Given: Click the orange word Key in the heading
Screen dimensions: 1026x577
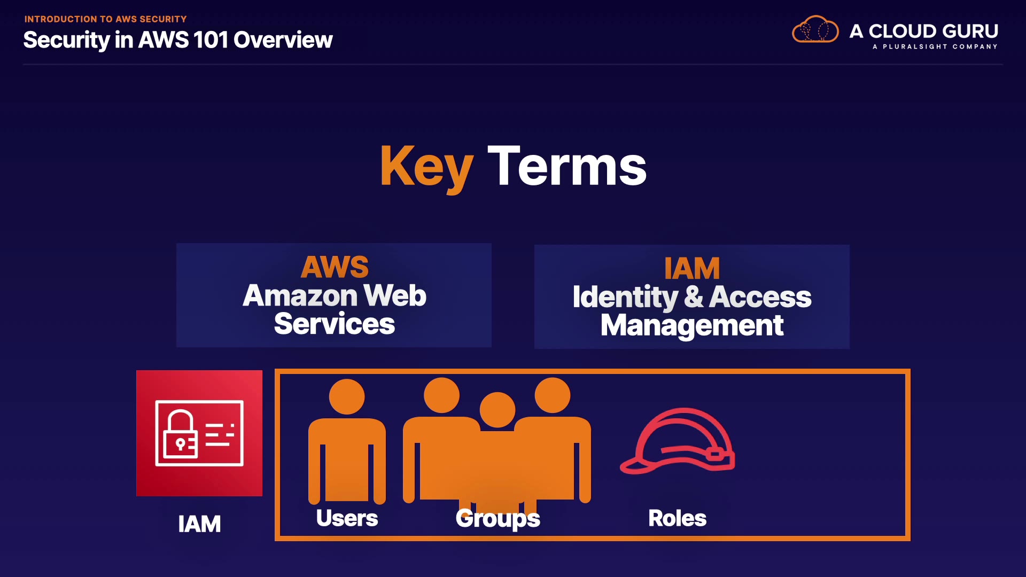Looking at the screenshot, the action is coord(426,167).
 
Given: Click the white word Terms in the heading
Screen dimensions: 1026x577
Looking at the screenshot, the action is coord(567,167).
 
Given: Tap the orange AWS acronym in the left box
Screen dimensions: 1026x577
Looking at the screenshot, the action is coord(335,267).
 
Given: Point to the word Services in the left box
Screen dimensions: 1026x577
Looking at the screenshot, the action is coord(335,324).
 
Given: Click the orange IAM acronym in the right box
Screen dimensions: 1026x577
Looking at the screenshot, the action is coord(692,268).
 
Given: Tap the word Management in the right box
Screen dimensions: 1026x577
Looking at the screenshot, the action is coord(692,325).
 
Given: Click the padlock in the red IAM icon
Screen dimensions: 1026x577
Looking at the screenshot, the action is coord(181,435).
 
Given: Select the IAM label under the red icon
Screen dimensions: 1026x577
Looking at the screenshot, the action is coord(199,524).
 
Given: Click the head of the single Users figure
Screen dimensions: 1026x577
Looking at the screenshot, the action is coord(347,396).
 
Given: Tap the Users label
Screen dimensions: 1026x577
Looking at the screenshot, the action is coord(347,518).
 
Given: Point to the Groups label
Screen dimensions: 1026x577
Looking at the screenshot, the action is coord(498,518).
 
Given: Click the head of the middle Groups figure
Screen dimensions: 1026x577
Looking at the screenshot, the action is coord(498,410).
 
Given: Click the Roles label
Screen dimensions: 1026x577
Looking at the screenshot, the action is coord(677,518).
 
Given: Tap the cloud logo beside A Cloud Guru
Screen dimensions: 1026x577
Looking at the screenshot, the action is coord(815,30).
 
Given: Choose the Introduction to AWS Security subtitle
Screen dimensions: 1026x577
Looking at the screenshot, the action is coord(105,19).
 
